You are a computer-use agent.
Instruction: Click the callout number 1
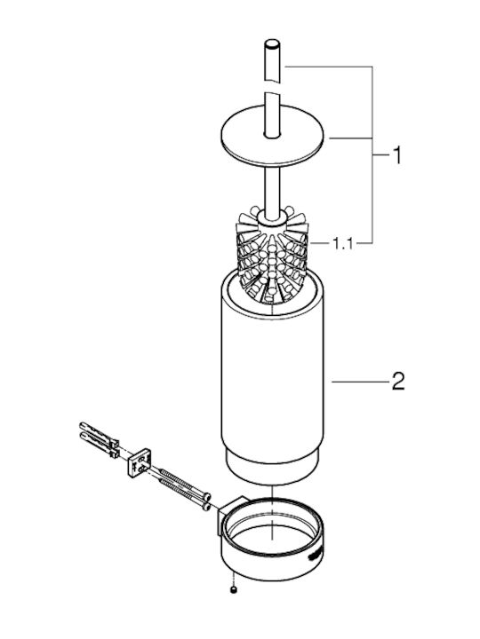396,155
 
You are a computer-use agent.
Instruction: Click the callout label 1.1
342,244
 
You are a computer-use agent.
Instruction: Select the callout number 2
397,382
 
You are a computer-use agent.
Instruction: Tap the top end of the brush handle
272,43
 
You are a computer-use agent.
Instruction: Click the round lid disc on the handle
272,136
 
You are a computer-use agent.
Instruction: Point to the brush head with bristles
271,255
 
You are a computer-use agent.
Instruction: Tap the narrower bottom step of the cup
272,469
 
